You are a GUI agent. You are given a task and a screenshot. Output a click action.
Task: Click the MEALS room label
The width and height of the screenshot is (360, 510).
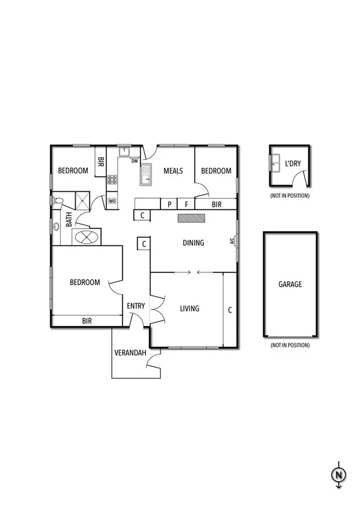[173, 171]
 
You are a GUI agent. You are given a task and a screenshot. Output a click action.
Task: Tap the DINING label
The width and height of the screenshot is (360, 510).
[194, 243]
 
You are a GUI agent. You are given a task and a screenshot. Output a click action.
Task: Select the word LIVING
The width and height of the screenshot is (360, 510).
[189, 309]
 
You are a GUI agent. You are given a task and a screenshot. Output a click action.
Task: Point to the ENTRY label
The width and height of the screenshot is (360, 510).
[136, 306]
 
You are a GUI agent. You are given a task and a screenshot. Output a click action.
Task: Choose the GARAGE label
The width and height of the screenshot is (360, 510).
[290, 284]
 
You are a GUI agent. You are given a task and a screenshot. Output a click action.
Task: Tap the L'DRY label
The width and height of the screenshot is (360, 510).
[293, 164]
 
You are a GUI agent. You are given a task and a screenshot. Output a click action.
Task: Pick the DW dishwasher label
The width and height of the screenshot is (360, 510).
[135, 161]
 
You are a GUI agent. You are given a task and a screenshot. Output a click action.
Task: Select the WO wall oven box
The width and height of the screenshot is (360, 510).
[112, 201]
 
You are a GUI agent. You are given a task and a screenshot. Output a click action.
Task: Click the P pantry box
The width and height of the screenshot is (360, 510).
[169, 204]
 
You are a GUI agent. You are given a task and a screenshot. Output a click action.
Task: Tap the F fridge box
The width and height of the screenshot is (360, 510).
[186, 204]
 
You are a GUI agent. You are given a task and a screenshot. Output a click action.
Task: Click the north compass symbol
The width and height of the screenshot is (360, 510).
[338, 475]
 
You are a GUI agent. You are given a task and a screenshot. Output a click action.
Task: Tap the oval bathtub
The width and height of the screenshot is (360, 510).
[86, 237]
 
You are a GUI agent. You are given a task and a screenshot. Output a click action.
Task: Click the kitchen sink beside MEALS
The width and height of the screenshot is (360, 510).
[145, 176]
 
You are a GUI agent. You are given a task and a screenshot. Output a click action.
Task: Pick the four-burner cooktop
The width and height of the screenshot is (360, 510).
[112, 179]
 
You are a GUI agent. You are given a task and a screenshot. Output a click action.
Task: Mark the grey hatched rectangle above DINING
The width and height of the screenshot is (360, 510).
[191, 218]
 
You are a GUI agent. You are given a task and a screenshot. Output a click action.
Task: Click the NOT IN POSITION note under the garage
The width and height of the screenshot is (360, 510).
[290, 345]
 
